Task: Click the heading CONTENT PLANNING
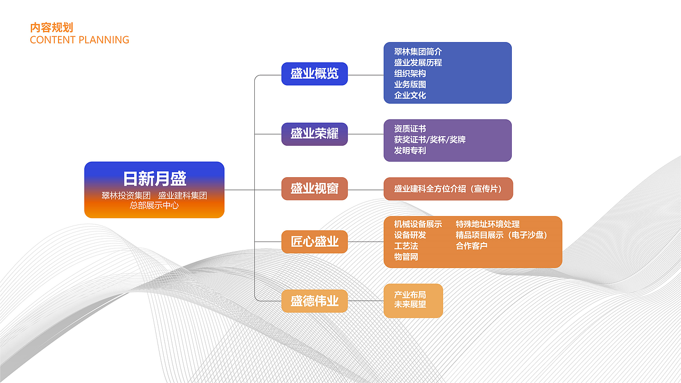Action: tap(79, 40)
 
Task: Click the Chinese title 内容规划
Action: tap(52, 28)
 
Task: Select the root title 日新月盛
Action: tap(154, 178)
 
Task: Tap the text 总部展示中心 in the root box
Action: tap(154, 205)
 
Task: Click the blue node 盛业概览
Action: tap(314, 73)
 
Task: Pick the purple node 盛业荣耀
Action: tap(314, 134)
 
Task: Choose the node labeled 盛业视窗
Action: tap(314, 188)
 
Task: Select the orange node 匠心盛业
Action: tap(314, 242)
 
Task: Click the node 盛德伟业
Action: tap(314, 301)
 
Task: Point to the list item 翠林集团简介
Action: tap(418, 52)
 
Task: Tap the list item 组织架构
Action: tap(410, 73)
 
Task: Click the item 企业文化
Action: tap(410, 95)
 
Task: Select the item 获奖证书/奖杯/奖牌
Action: tap(429, 139)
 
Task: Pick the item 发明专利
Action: tap(410, 151)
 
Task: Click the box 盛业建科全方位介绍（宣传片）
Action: tap(447, 189)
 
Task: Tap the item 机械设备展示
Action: tap(418, 224)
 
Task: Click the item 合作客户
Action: tap(471, 246)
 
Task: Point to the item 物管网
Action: tap(406, 257)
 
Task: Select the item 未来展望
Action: tap(410, 305)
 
